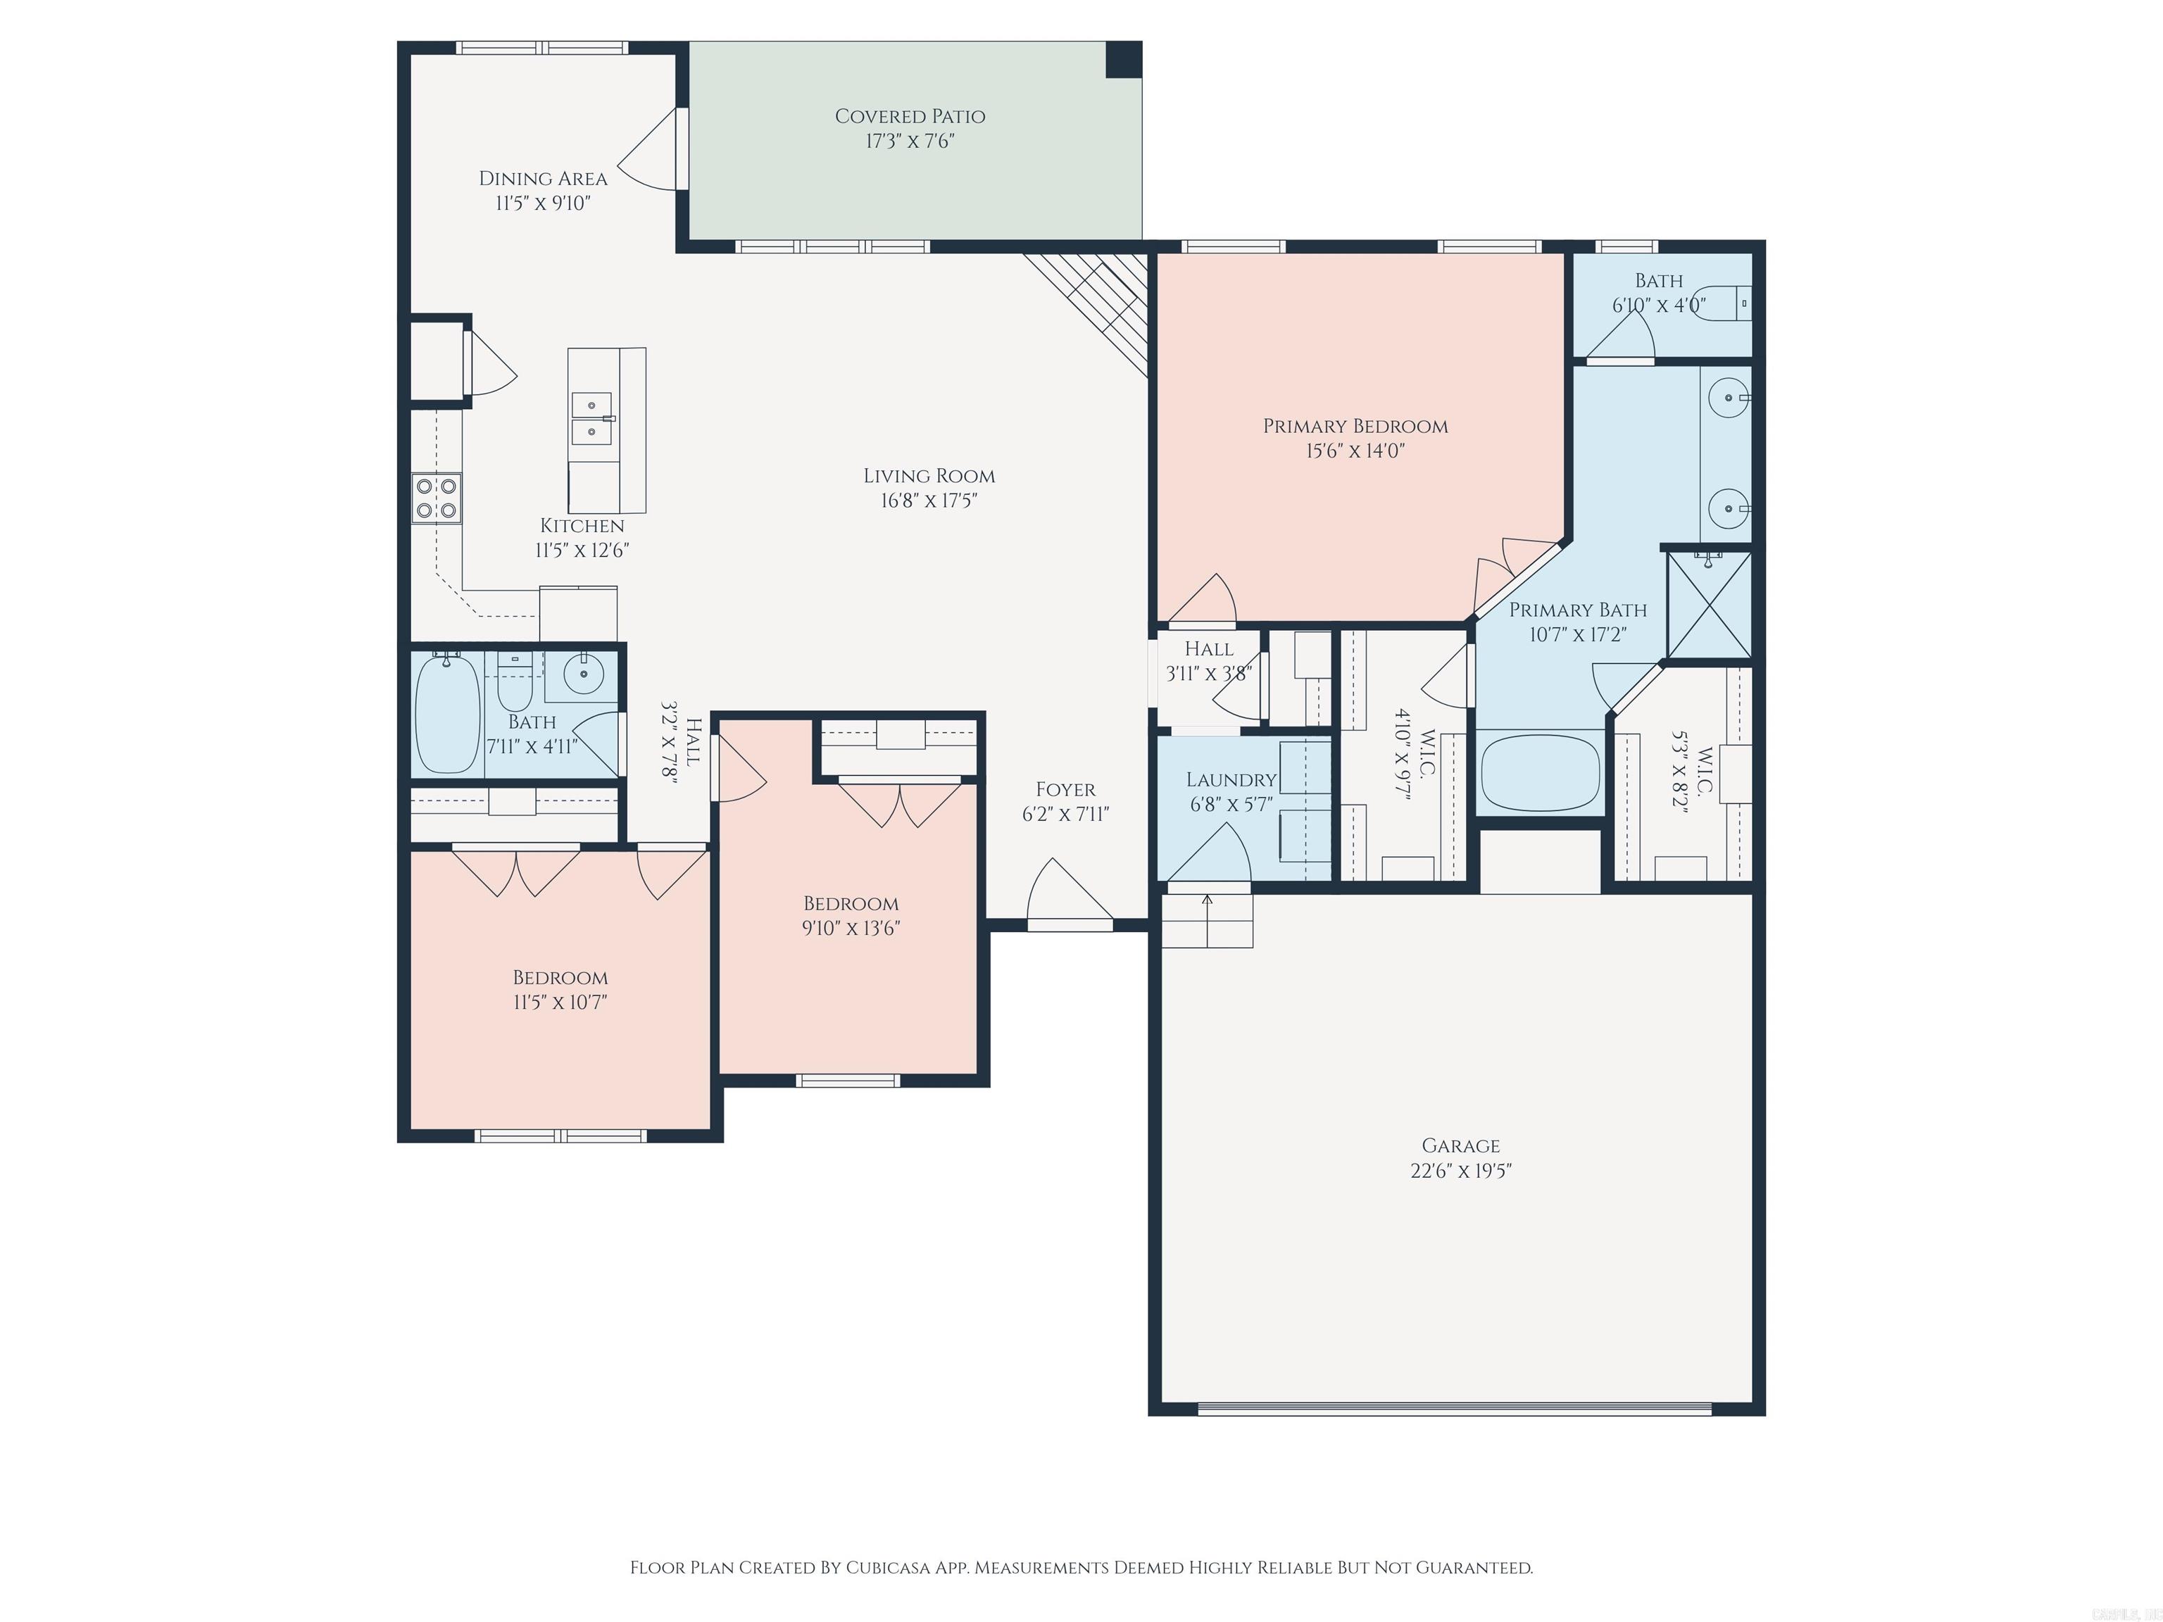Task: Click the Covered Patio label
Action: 910,116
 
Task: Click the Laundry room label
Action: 1231,780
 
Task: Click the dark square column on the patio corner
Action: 1124,58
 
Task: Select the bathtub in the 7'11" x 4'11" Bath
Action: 447,714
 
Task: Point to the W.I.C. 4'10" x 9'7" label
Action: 1413,755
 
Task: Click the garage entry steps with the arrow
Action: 1207,920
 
